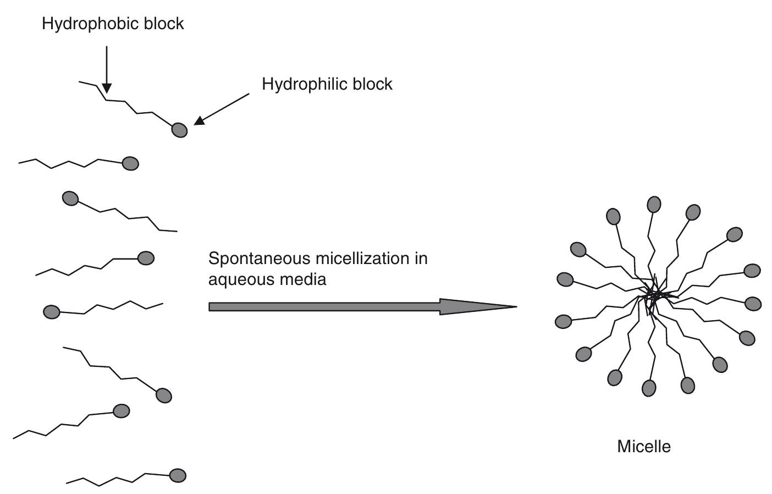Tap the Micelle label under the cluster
pyautogui.click(x=644, y=446)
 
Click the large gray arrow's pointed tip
pyautogui.click(x=515, y=307)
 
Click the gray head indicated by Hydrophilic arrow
pyautogui.click(x=180, y=130)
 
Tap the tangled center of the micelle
pyautogui.click(x=654, y=295)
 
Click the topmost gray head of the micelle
pyautogui.click(x=654, y=205)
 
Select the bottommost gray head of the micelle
pyautogui.click(x=649, y=388)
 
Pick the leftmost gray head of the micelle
pyautogui.click(x=563, y=321)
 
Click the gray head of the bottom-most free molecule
pyautogui.click(x=178, y=475)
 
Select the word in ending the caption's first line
pyautogui.click(x=421, y=258)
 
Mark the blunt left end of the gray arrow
pyautogui.click(x=211, y=307)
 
